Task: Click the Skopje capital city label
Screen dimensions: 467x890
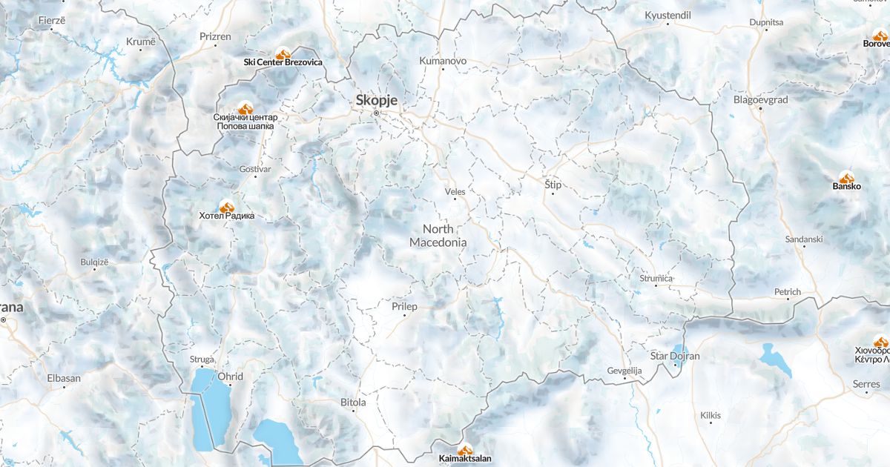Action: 377,100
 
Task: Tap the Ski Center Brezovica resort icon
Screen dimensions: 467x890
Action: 283,53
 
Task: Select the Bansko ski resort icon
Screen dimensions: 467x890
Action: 846,177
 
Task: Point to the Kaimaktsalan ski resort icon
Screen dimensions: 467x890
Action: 465,449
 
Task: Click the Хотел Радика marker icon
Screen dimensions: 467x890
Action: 226,206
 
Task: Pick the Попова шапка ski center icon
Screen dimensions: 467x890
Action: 245,108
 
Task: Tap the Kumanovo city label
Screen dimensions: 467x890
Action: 443,60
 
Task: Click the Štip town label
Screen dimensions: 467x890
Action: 553,183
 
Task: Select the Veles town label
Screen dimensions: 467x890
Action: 455,191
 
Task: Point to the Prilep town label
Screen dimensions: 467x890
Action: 404,306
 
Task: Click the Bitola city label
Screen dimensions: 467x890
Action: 352,403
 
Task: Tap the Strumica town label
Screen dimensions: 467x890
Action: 656,278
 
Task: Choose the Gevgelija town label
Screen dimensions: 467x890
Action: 624,370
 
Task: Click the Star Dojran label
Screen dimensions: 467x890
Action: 674,356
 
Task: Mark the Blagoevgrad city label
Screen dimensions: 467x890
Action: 760,99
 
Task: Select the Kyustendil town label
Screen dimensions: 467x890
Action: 667,15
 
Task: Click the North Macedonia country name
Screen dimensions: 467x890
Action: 438,236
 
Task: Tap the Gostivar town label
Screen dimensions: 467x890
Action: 255,169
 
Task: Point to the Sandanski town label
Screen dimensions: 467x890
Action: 804,239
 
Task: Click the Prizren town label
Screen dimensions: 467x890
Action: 215,36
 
